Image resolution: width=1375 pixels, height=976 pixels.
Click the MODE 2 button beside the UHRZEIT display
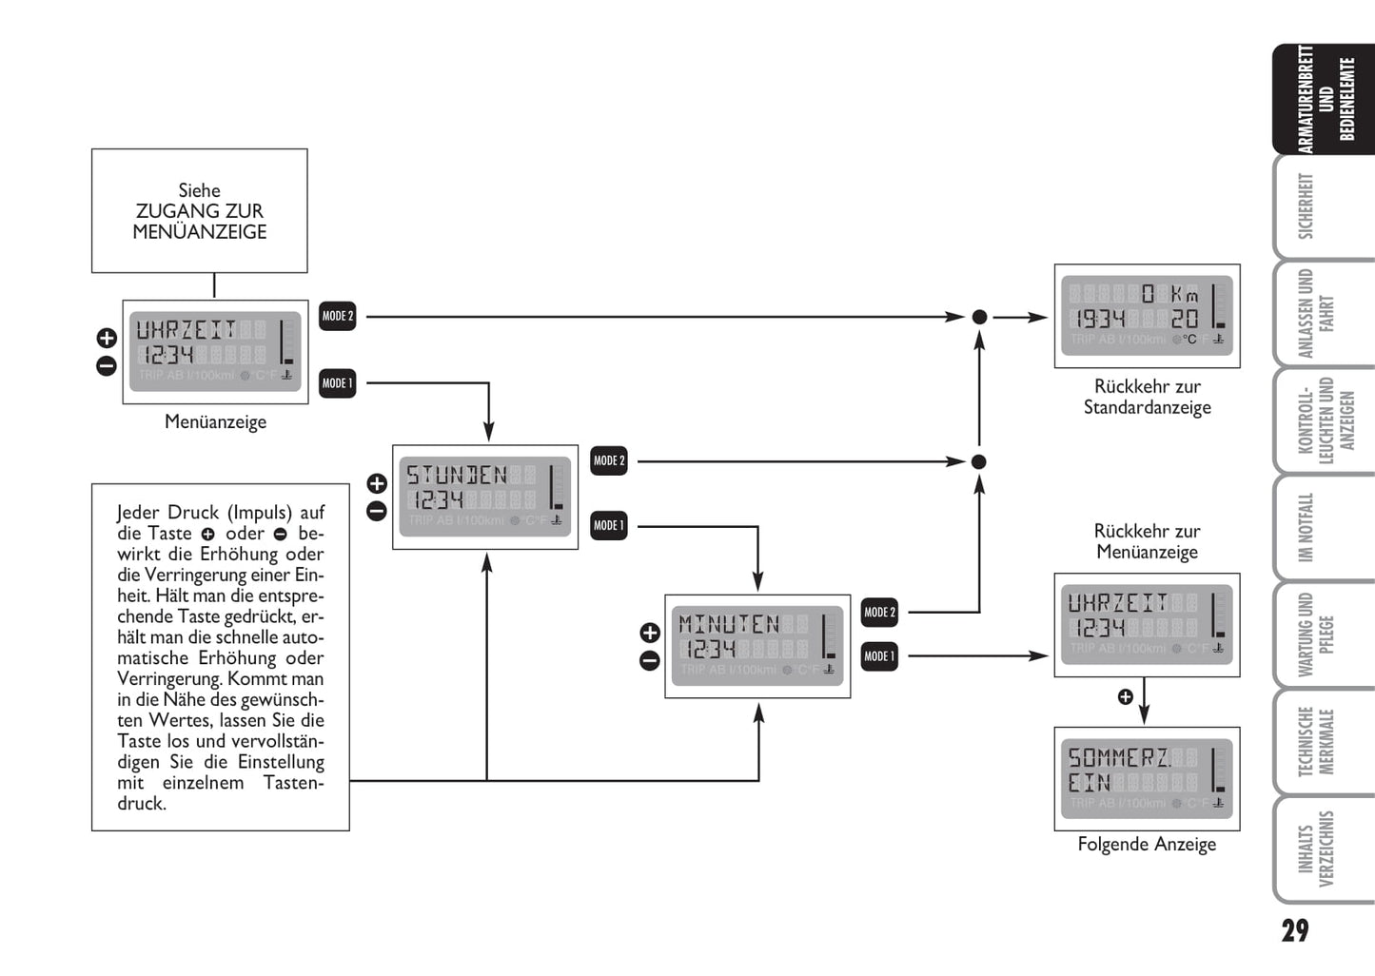[337, 316]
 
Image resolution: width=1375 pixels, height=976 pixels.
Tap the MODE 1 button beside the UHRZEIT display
[337, 383]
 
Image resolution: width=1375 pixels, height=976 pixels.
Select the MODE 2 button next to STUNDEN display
[609, 461]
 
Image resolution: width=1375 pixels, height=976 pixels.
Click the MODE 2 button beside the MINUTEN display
[879, 613]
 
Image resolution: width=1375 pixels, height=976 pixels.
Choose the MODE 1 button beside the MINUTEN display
[879, 656]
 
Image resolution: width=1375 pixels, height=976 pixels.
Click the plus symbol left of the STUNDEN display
[377, 483]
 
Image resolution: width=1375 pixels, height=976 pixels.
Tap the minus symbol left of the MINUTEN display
[650, 660]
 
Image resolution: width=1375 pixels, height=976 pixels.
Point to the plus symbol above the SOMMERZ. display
[1125, 697]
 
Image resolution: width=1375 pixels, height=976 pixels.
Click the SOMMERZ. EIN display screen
[1147, 778]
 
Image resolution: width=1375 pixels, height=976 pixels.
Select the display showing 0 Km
[1147, 316]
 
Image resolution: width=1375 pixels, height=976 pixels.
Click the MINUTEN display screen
[757, 646]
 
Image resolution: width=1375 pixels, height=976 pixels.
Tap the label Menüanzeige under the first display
[215, 421]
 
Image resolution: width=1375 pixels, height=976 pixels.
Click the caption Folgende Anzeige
[1147, 844]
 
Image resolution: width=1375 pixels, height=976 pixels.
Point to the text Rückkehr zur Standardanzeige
[1147, 397]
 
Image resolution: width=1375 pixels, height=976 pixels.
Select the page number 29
[1294, 930]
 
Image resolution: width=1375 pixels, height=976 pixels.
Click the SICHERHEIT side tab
[1306, 205]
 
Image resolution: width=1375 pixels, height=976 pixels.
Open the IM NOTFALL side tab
[1306, 526]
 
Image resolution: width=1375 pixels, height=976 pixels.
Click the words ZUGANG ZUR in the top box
[199, 211]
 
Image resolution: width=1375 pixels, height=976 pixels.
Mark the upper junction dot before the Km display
[979, 317]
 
